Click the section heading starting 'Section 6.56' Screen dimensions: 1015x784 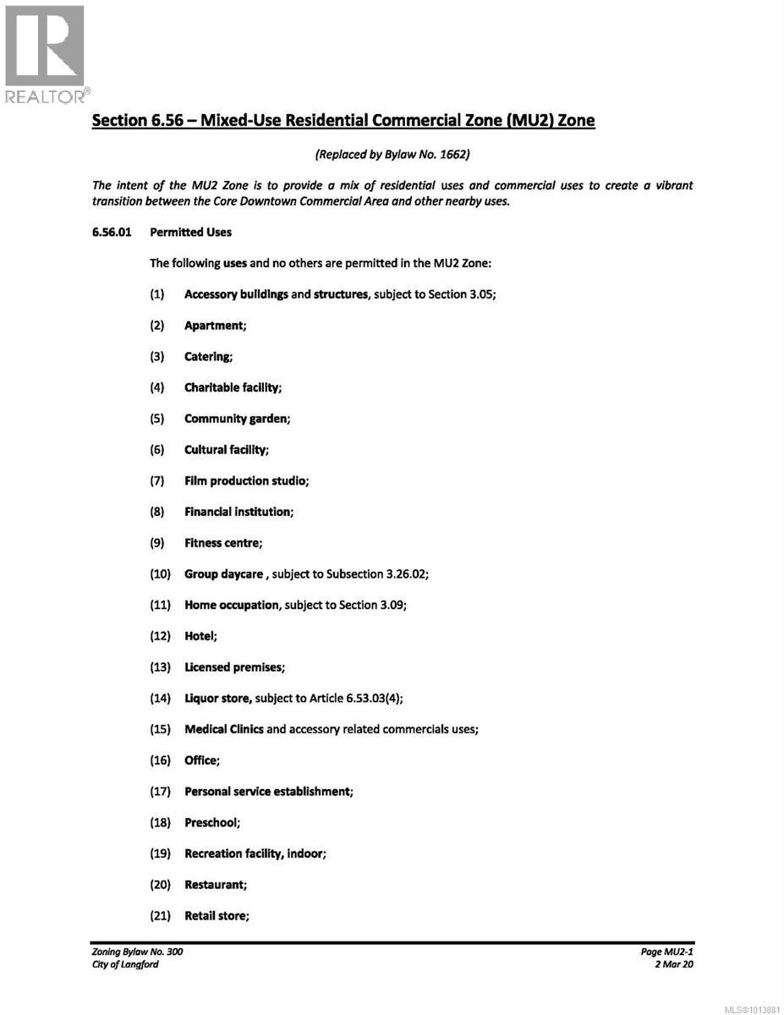[x=343, y=120]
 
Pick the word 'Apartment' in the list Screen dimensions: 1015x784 [x=214, y=325]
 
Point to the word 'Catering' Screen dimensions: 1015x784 [x=207, y=356]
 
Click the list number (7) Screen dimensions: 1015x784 [x=157, y=480]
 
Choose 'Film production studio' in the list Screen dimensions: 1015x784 [x=245, y=480]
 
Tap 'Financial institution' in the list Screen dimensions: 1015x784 [x=238, y=512]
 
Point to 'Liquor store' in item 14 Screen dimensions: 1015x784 [x=217, y=698]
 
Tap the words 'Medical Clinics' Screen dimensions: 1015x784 [x=224, y=729]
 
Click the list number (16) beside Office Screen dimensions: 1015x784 [x=161, y=760]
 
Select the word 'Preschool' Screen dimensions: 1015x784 [x=211, y=822]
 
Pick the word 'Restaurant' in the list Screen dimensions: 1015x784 [x=215, y=885]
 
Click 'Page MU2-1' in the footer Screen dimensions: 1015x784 [x=666, y=952]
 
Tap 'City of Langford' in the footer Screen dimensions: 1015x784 [x=125, y=964]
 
